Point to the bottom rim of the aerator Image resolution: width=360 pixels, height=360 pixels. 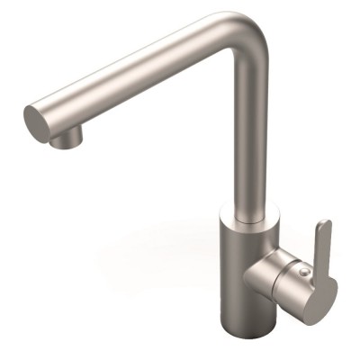[64, 145]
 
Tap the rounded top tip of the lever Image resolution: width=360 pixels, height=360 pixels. [324, 224]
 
